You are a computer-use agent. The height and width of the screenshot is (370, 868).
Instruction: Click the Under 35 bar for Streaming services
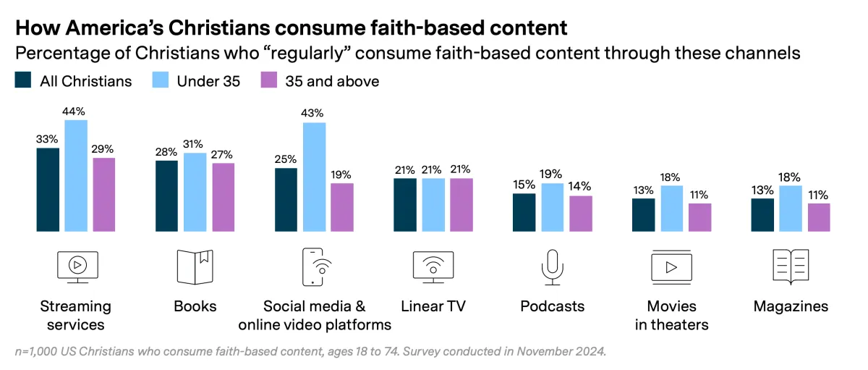[76, 176]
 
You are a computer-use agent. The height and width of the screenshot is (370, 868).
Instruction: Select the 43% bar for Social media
[314, 177]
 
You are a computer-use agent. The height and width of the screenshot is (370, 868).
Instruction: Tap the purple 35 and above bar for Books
[223, 198]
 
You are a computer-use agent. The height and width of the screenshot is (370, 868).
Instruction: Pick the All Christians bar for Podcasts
[524, 213]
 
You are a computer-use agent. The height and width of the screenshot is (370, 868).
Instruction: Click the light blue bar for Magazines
[791, 209]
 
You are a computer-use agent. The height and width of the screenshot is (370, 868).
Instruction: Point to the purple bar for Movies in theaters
[699, 217]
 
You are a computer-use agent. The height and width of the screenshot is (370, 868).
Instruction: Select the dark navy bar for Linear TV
[405, 205]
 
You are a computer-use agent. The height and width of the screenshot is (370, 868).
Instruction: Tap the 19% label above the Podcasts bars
[552, 174]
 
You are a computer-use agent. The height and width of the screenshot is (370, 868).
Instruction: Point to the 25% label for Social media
[286, 159]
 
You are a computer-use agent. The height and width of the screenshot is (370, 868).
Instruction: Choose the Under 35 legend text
[208, 81]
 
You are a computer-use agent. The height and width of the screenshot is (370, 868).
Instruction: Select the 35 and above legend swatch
[268, 80]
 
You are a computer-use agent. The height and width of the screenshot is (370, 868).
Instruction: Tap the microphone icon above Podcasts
[552, 267]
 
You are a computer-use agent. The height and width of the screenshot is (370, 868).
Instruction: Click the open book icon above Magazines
[791, 267]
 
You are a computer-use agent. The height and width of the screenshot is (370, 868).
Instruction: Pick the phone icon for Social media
[313, 267]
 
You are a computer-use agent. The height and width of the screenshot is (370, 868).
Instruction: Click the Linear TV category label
[433, 306]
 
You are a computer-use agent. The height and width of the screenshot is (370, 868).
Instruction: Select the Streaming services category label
[75, 314]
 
